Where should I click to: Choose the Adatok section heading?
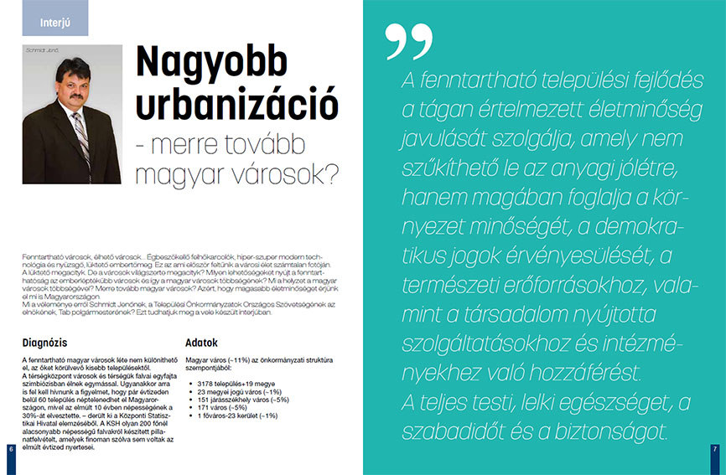[x=201, y=343]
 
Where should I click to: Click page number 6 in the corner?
[x=10, y=450]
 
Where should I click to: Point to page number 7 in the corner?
[x=714, y=450]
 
